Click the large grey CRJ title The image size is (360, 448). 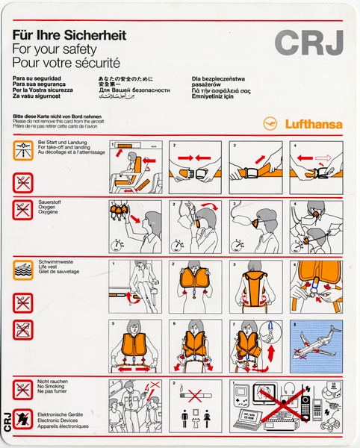pyautogui.click(x=309, y=41)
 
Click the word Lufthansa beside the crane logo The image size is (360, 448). pyautogui.click(x=311, y=125)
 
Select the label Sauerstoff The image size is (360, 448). pyautogui.click(x=50, y=202)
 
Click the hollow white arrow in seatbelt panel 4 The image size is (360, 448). pyautogui.click(x=323, y=158)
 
